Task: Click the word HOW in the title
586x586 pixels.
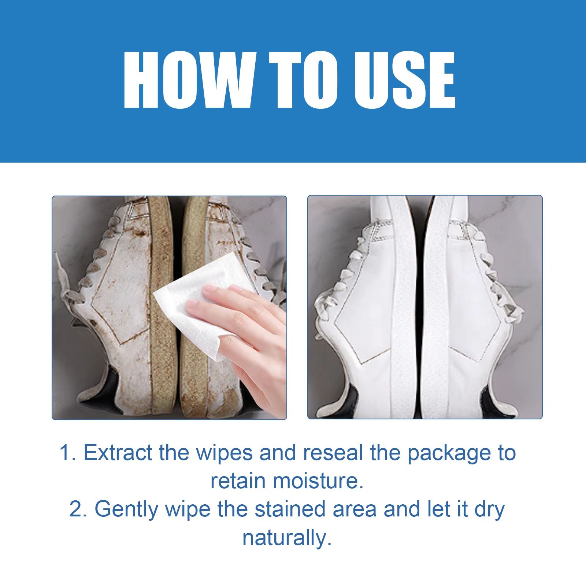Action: (188, 80)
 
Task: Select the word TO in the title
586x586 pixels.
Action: (297, 80)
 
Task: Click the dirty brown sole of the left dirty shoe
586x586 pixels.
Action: (159, 308)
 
